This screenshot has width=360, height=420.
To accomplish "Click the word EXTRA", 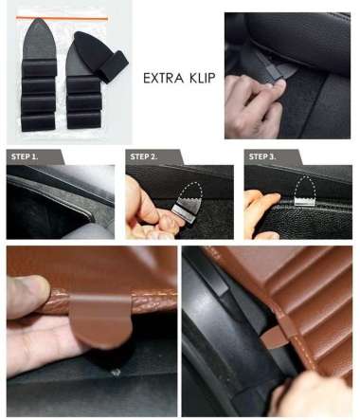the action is coord(164,78).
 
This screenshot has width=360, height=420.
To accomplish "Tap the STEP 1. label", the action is coord(25,156).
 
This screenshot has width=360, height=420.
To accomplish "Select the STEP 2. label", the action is coord(144,156).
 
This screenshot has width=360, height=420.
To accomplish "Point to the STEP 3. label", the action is coord(262,156).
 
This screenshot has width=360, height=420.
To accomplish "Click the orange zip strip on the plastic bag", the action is coord(62,18).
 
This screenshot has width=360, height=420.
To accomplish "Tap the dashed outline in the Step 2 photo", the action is coord(190,192).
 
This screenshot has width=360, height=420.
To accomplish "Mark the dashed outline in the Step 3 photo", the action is coord(305,185).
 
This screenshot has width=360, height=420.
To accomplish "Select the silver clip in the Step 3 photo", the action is coord(304,201).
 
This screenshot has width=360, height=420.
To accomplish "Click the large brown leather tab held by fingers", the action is coord(100,320).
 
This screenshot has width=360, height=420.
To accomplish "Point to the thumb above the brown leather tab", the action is coord(27,296).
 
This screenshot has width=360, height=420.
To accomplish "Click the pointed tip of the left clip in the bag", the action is coord(39,19).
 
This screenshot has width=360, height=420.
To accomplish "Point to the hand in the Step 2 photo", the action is coord(152,211).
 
